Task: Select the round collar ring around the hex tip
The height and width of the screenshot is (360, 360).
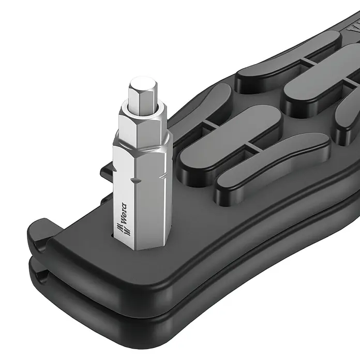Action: tap(143, 108)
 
